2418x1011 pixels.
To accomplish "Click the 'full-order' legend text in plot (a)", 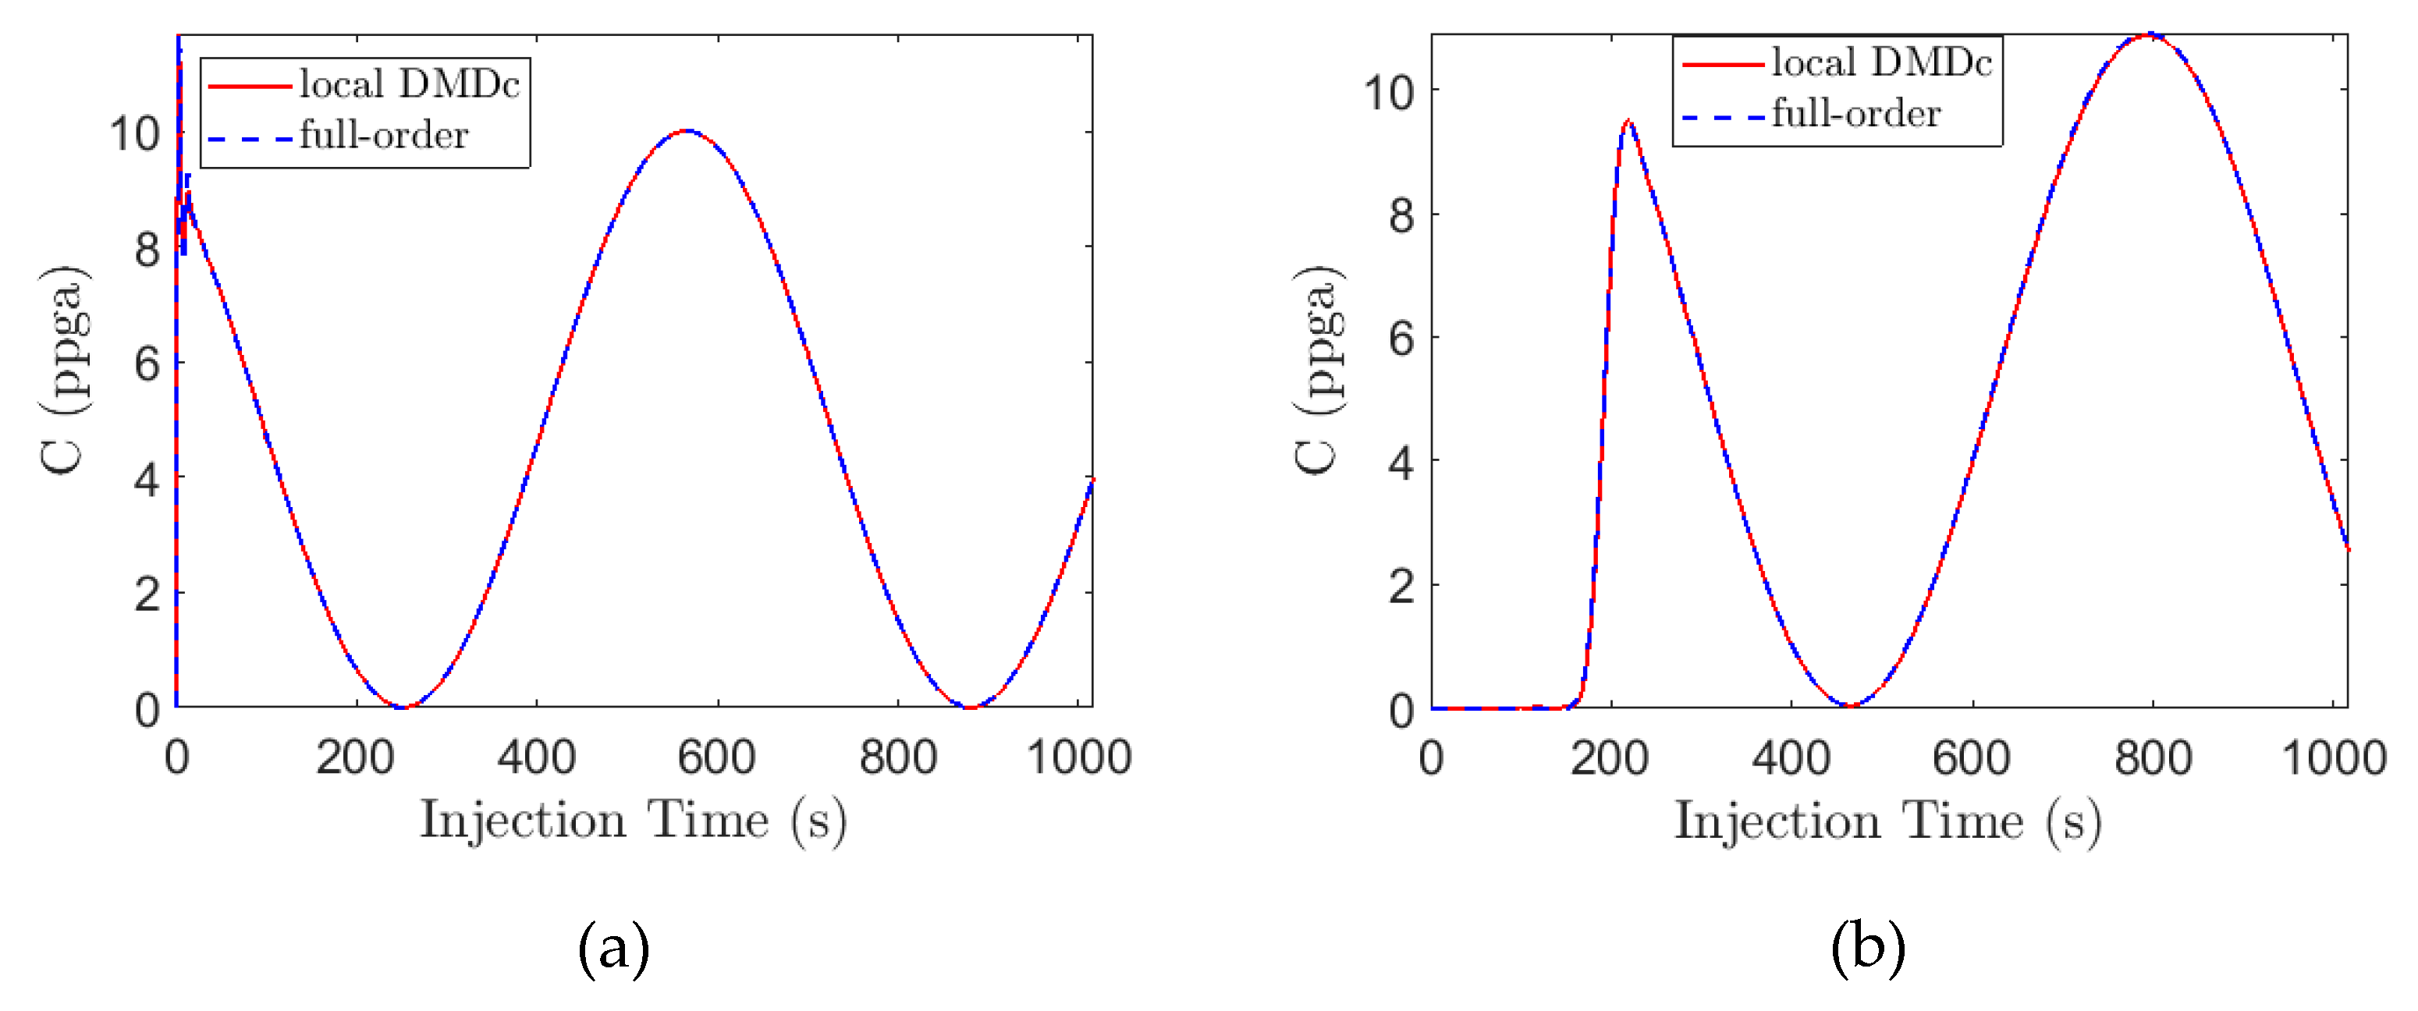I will tap(383, 136).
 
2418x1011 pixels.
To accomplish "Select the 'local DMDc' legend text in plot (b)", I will tap(1880, 63).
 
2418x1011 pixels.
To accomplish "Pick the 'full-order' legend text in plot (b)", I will tap(1855, 114).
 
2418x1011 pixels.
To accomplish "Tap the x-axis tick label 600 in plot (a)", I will tap(716, 757).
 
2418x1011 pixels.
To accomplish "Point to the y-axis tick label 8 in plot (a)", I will tap(147, 250).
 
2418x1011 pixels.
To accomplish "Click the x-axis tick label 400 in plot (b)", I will tap(1790, 757).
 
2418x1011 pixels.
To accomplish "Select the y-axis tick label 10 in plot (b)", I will tap(1387, 93).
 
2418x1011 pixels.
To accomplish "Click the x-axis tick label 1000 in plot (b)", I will tap(2333, 757).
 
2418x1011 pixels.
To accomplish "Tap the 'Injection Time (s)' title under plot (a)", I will tap(633, 821).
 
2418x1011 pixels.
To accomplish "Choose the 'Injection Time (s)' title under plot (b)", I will tap(1887, 821).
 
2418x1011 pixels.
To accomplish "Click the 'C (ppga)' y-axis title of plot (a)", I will tap(65, 370).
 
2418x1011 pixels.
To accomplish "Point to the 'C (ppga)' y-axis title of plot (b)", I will tap(1319, 370).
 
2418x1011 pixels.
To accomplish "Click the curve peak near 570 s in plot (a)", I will tap(687, 130).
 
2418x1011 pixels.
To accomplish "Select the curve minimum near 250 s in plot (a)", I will tap(403, 706).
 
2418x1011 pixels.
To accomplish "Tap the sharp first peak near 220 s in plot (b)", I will tap(1628, 121).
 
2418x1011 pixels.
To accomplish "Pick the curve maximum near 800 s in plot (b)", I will tap(2150, 36).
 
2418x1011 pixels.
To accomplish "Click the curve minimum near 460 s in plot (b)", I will tap(1848, 705).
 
